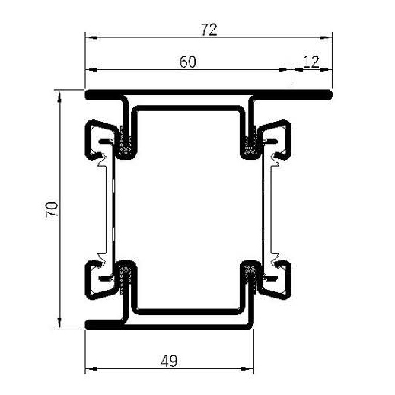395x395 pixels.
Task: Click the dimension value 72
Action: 209,30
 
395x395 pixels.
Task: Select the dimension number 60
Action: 189,62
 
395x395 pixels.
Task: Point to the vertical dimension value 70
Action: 51,210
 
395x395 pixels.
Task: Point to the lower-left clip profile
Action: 97,280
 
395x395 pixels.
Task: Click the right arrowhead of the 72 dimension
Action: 329,36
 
